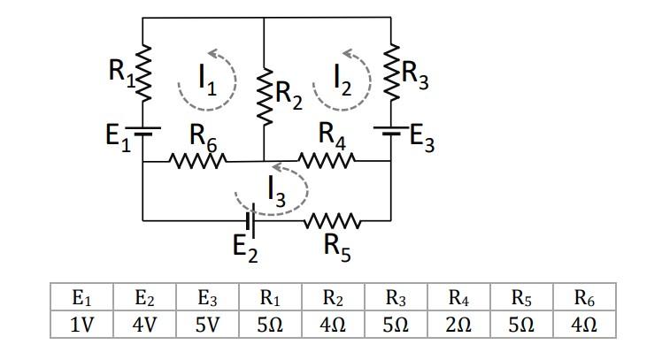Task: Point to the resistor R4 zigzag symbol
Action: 328,161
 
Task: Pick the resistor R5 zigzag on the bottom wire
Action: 332,220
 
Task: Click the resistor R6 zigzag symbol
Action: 199,162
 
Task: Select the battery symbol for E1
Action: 143,128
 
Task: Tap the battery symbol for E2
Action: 251,220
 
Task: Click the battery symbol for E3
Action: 390,131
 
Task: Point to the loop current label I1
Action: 206,81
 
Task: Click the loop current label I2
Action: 343,81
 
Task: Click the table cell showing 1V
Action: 81,325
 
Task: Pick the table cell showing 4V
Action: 144,325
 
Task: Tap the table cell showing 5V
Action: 207,325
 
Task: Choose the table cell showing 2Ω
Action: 458,325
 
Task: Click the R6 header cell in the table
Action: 583,298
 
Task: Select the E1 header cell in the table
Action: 81,298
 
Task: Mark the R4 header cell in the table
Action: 458,298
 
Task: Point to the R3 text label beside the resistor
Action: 417,77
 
